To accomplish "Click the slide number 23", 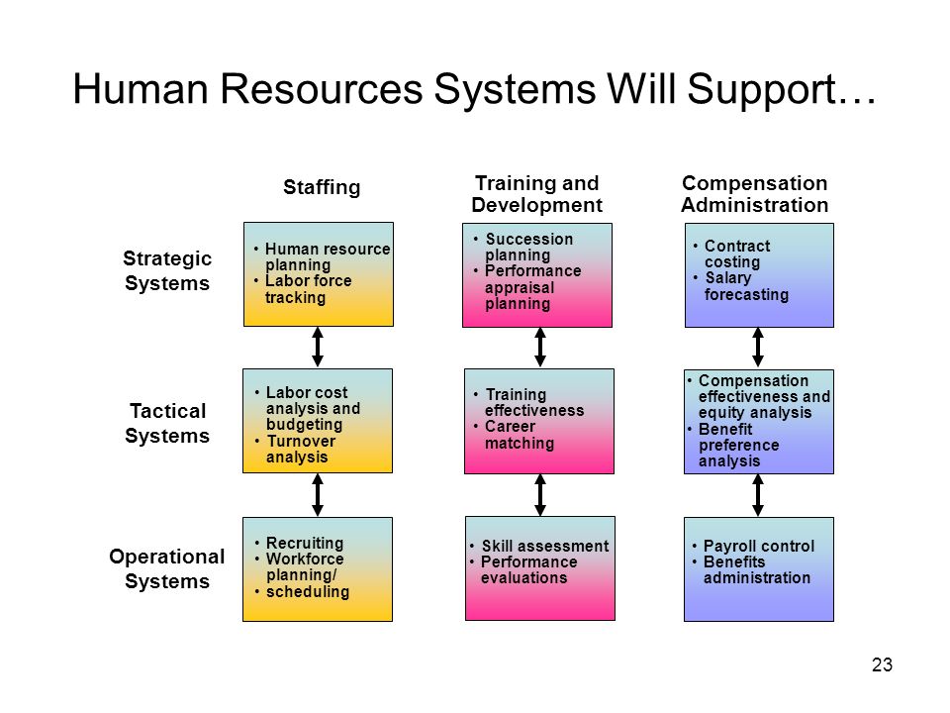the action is pyautogui.click(x=882, y=664).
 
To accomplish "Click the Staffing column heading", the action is pyautogui.click(x=322, y=187).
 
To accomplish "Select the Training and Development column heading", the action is pyautogui.click(x=536, y=194).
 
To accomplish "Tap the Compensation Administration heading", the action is pyautogui.click(x=755, y=194).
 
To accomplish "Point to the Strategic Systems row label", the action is pyautogui.click(x=167, y=270).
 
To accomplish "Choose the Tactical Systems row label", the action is pyautogui.click(x=167, y=423).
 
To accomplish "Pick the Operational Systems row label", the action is pyautogui.click(x=167, y=568).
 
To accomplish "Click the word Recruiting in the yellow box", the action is pyautogui.click(x=305, y=543).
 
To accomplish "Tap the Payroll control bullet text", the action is pyautogui.click(x=759, y=546).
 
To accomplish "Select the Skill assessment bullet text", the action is pyautogui.click(x=544, y=546).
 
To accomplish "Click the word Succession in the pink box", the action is pyautogui.click(x=528, y=239).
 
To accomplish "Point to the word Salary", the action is pyautogui.click(x=728, y=277).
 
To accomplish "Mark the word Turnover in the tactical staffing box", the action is pyautogui.click(x=301, y=441).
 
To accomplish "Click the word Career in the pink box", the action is pyautogui.click(x=511, y=426).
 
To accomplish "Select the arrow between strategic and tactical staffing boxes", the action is pyautogui.click(x=318, y=347).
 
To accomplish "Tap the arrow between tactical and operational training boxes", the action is pyautogui.click(x=540, y=495).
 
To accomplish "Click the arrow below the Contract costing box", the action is pyautogui.click(x=758, y=348).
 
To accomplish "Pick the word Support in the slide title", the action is pyautogui.click(x=762, y=90).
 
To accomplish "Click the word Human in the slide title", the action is pyautogui.click(x=141, y=89).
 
